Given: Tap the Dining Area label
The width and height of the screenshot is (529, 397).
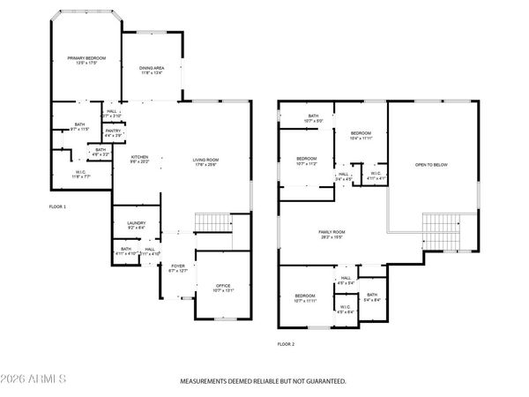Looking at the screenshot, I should tap(152, 70).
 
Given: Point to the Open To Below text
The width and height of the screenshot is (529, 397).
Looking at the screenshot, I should tap(432, 164).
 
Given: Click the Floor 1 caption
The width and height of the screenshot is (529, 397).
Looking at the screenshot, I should tap(57, 206).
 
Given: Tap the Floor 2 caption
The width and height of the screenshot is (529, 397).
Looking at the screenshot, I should tap(286, 343).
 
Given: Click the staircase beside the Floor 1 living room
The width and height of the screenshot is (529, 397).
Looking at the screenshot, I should tap(210, 223).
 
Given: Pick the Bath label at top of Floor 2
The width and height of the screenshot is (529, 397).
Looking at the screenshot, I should tap(312, 117).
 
